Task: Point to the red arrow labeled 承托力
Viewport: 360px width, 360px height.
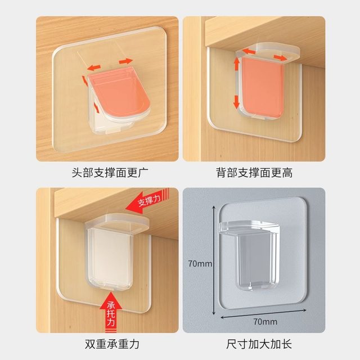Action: pos(111,312)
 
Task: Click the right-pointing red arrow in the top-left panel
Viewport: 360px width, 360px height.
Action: pos(125,60)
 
